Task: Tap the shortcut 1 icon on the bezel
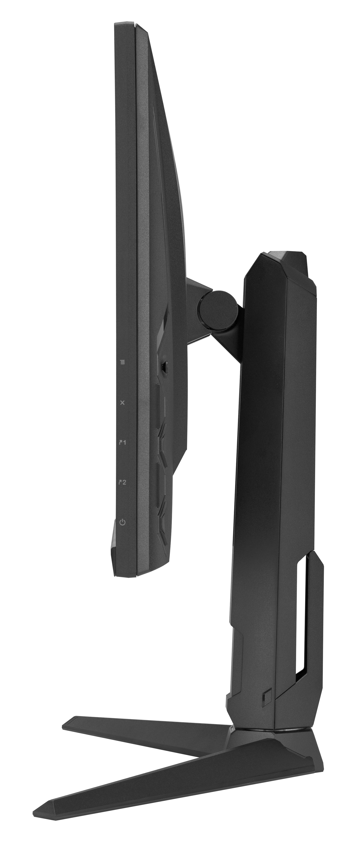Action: [122, 442]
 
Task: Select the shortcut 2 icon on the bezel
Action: [122, 482]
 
